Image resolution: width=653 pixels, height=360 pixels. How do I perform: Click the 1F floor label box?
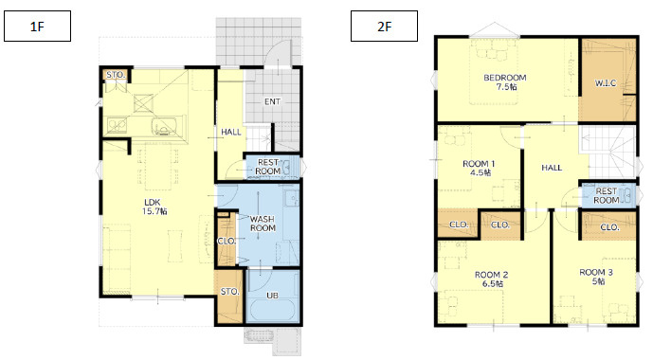click(x=38, y=27)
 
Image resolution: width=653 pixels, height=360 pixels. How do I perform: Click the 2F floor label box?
click(x=384, y=27)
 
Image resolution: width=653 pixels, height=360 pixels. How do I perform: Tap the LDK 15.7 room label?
click(x=154, y=207)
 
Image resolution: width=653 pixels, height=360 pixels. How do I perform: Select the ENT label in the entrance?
click(x=272, y=101)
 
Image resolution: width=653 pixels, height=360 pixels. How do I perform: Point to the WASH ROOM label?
click(x=263, y=224)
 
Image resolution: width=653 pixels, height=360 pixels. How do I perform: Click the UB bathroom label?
click(x=272, y=296)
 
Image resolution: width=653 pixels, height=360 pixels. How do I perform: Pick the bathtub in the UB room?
click(x=273, y=312)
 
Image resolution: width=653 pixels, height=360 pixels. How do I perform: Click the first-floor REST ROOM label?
click(x=268, y=167)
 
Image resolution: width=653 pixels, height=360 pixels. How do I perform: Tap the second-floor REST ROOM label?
click(x=607, y=195)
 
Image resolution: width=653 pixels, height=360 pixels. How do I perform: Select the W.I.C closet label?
click(x=605, y=83)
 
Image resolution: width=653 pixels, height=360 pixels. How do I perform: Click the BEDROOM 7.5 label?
click(x=505, y=82)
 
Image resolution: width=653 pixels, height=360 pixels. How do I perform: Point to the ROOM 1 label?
click(x=479, y=168)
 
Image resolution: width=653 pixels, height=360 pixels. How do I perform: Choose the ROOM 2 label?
click(x=492, y=279)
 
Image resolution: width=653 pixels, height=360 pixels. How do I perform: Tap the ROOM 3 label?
click(x=596, y=277)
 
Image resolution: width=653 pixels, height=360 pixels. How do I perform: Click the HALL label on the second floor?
click(x=552, y=168)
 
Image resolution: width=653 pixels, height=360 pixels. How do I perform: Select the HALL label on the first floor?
click(x=231, y=132)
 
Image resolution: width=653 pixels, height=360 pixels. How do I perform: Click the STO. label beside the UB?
click(x=230, y=292)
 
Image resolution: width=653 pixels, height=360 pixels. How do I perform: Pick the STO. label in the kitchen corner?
click(x=116, y=75)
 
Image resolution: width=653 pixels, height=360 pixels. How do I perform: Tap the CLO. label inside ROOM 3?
click(x=610, y=227)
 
